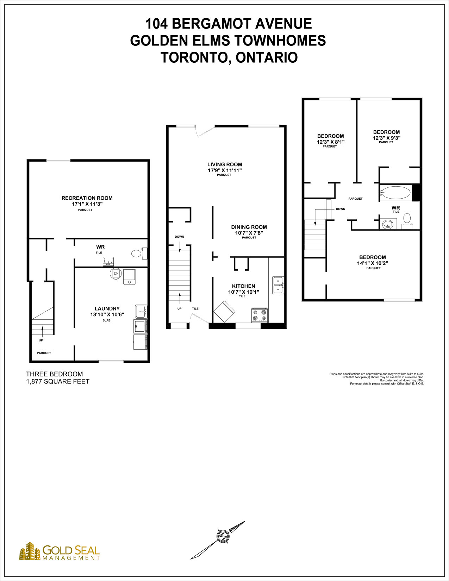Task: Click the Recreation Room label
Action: click(87, 198)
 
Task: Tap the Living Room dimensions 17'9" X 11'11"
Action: click(225, 170)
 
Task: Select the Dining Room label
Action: click(249, 227)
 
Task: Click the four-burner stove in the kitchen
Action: click(260, 315)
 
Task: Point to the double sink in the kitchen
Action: click(278, 285)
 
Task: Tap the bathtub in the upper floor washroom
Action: click(396, 193)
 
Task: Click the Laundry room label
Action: click(107, 308)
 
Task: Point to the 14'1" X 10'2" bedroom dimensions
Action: click(373, 263)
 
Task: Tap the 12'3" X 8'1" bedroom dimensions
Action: click(331, 142)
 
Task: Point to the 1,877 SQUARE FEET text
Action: click(58, 382)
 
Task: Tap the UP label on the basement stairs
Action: click(40, 341)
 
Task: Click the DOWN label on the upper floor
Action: click(341, 209)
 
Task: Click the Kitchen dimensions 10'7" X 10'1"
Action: click(244, 292)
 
